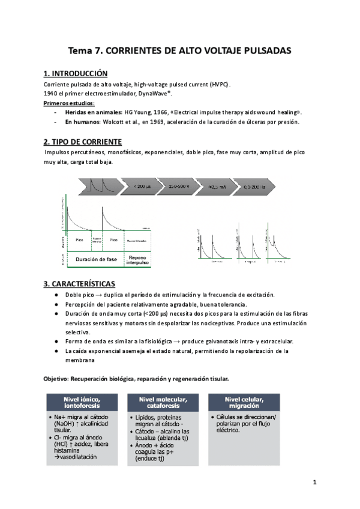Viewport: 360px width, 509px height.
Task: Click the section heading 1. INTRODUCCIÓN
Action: point(76,74)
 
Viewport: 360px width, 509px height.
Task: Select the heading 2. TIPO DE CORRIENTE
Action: point(83,142)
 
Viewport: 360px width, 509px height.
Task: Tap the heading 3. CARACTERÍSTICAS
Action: point(79,283)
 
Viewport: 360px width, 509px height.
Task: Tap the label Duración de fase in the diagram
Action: point(96,259)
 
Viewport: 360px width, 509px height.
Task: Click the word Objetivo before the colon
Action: point(55,379)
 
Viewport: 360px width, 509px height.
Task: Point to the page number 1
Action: point(314,483)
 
